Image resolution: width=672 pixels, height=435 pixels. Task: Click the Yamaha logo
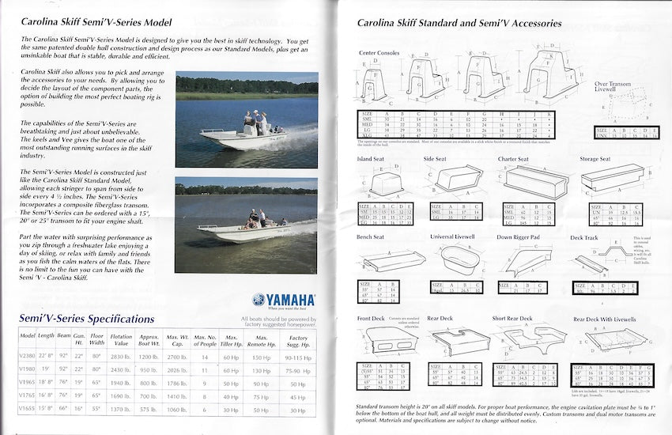coord(284,300)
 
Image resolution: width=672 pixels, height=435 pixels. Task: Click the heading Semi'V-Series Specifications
coord(87,319)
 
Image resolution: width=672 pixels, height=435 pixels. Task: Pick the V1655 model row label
coord(27,409)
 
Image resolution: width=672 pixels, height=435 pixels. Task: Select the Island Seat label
coord(372,159)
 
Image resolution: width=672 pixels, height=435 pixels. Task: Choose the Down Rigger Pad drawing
coord(523,261)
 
